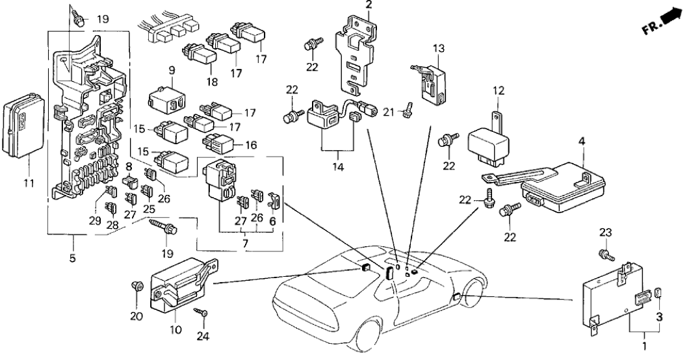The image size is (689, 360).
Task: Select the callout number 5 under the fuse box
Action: click(x=73, y=259)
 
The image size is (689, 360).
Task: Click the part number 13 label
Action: click(x=439, y=48)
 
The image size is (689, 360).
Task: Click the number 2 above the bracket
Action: click(x=369, y=6)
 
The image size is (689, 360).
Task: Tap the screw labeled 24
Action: click(x=203, y=314)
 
